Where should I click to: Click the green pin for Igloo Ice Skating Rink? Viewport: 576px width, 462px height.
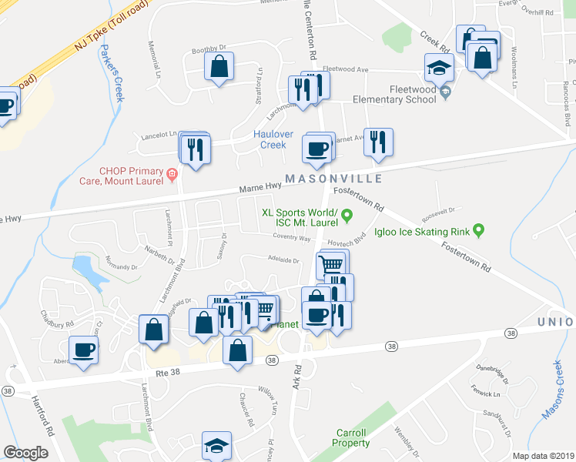pyautogui.click(x=479, y=229)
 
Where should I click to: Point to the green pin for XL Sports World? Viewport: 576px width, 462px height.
pyautogui.click(x=347, y=215)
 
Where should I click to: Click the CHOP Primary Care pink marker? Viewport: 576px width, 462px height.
pyautogui.click(x=172, y=176)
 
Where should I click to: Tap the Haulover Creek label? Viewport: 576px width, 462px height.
pyautogui.click(x=273, y=139)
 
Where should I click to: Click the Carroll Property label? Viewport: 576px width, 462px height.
pyautogui.click(x=350, y=437)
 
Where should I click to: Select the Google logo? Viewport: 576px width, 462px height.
pyautogui.click(x=25, y=453)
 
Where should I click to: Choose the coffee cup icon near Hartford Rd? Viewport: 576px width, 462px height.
pyautogui.click(x=84, y=349)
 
